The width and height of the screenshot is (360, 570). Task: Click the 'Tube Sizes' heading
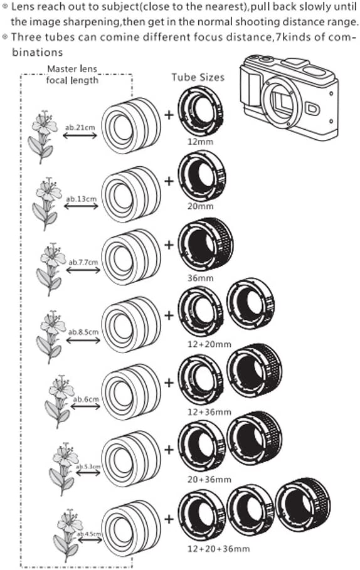[198, 77]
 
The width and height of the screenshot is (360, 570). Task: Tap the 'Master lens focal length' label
[72, 75]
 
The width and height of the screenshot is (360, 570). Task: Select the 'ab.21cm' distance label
[80, 127]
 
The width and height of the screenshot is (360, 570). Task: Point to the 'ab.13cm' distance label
[81, 199]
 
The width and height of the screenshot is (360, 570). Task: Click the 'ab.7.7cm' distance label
[83, 262]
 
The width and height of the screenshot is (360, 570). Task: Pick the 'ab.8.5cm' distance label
[83, 332]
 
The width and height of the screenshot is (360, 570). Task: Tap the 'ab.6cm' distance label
[86, 399]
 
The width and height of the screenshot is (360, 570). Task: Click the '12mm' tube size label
[200, 142]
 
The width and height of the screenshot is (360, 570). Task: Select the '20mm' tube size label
[200, 206]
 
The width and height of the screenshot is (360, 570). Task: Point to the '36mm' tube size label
[200, 278]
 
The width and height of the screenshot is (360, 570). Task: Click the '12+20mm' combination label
[209, 344]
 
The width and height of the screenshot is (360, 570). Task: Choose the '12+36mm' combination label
[209, 412]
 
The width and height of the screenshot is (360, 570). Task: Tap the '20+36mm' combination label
[209, 480]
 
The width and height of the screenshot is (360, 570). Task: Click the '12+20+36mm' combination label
[218, 549]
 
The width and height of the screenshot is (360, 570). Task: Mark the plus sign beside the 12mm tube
[169, 115]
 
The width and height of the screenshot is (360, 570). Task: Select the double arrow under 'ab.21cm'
[80, 135]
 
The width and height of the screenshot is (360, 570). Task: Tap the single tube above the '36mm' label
[206, 245]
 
